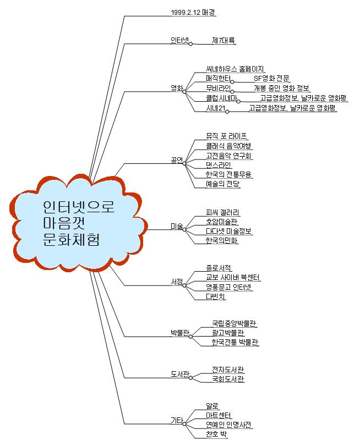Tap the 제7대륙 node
click(224, 40)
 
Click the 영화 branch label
click(177, 88)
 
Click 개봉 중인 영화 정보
click(281, 88)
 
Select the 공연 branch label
click(177, 160)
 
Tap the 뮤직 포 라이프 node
click(227, 135)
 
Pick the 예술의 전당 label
click(223, 184)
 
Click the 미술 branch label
click(177, 226)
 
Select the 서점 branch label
click(177, 282)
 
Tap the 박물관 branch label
click(179, 333)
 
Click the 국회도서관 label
click(228, 379)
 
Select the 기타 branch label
click(177, 421)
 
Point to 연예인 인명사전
click(229, 425)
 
